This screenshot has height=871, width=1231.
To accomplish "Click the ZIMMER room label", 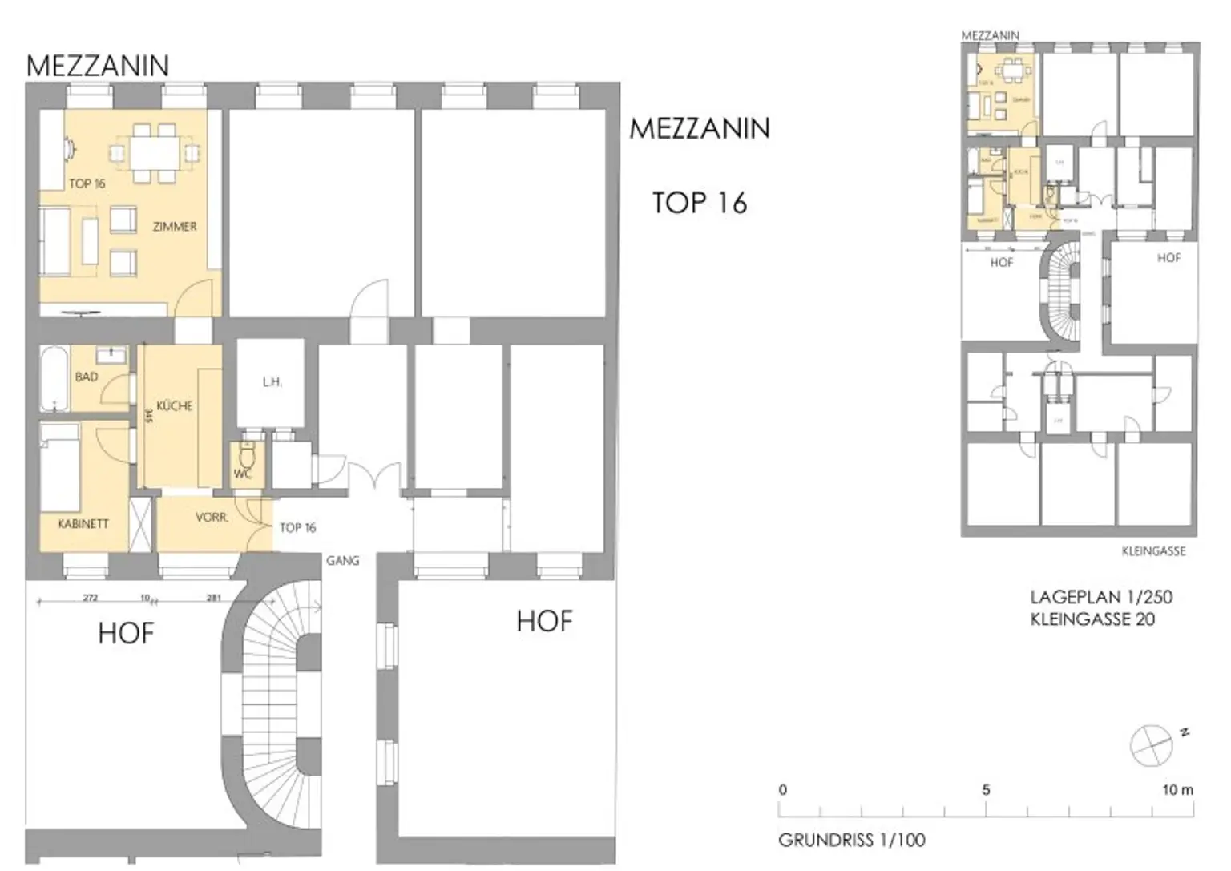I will pyautogui.click(x=175, y=227).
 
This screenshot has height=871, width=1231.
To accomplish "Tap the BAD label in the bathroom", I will pyautogui.click(x=87, y=377).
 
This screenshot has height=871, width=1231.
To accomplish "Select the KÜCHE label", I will pyautogui.click(x=175, y=406).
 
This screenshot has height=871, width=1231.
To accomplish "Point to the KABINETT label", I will pyautogui.click(x=83, y=524).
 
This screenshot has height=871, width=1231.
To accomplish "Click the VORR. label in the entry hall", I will pyautogui.click(x=212, y=518).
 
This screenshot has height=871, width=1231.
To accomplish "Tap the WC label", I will pyautogui.click(x=242, y=474).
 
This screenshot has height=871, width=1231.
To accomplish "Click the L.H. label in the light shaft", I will pyautogui.click(x=272, y=382).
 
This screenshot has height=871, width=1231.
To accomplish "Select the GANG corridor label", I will pyautogui.click(x=342, y=561).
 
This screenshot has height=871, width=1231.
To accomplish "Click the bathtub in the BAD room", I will pyautogui.click(x=54, y=378).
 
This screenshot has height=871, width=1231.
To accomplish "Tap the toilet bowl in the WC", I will pyautogui.click(x=247, y=457).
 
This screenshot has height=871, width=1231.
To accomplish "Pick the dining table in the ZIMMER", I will pyautogui.click(x=155, y=151).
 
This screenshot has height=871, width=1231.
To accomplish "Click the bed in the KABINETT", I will pyautogui.click(x=60, y=473).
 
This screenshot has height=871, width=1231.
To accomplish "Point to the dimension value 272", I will pyautogui.click(x=91, y=598).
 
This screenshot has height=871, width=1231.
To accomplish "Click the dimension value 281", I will pyautogui.click(x=214, y=598).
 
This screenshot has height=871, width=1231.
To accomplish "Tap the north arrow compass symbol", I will pyautogui.click(x=1151, y=744).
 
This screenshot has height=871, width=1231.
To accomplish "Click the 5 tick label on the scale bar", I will pyautogui.click(x=986, y=789).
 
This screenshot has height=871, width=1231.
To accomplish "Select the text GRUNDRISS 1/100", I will pyautogui.click(x=851, y=840).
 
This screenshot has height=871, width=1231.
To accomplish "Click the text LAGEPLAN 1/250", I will pyautogui.click(x=1100, y=597).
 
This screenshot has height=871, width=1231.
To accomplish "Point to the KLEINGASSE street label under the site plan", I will pyautogui.click(x=1152, y=551).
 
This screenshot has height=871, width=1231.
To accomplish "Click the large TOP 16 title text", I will pyautogui.click(x=699, y=203).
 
